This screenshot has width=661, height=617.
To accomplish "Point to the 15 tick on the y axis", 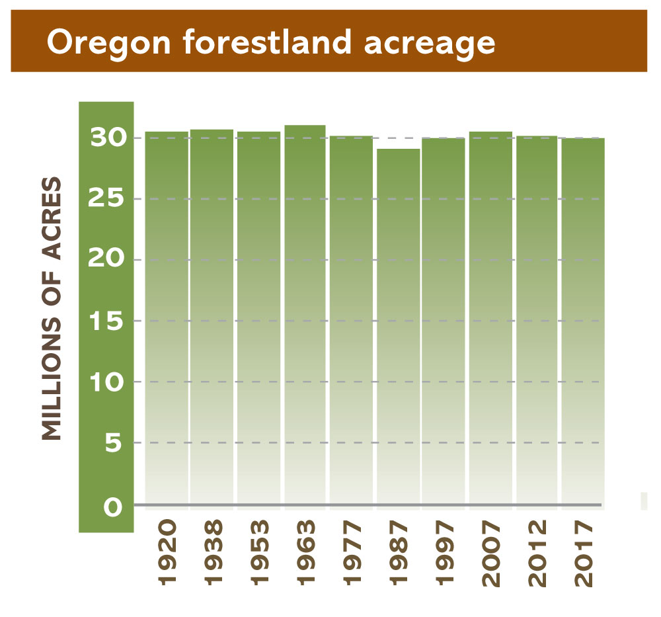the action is [x=106, y=321].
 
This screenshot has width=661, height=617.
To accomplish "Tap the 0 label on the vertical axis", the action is [x=113, y=507].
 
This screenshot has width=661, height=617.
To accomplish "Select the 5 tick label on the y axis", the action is [x=114, y=443].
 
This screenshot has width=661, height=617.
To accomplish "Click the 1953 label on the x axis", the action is [x=259, y=552].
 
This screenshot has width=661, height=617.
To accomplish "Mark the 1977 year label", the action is [x=352, y=552].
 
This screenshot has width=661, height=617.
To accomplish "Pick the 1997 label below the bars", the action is [x=444, y=552].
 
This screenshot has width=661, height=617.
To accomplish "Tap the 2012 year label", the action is [x=537, y=552].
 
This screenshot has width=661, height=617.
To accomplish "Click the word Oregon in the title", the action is [x=109, y=44].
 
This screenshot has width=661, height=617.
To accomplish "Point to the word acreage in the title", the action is [x=430, y=46].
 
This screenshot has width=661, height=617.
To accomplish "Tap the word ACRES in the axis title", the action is [x=52, y=218].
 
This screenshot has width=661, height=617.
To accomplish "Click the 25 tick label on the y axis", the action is [x=106, y=198].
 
